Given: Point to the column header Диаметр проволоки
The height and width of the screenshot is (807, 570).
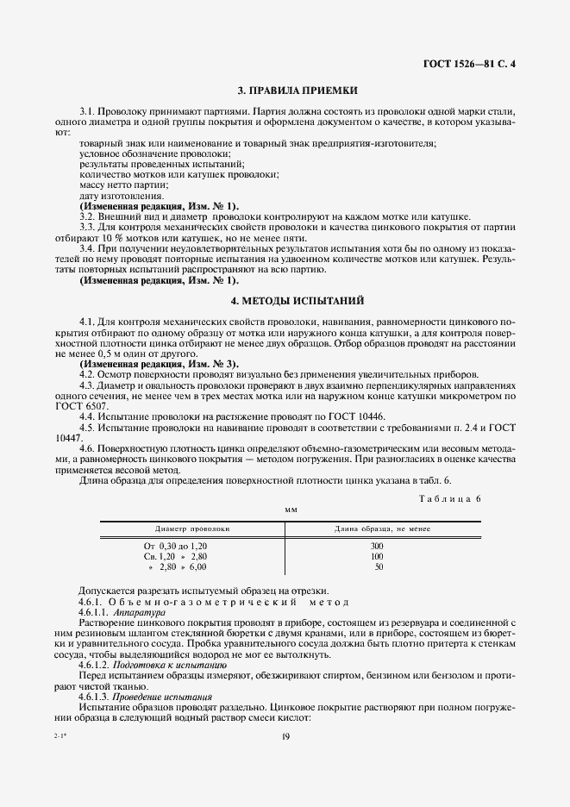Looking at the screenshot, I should click(191, 529).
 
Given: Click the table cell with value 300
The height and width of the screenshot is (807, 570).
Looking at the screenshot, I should click(378, 547).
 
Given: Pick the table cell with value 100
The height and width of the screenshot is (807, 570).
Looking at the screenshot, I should click(378, 557).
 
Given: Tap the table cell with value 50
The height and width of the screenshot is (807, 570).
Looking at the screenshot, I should click(378, 567).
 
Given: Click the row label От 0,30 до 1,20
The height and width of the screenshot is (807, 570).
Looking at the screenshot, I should click(175, 547).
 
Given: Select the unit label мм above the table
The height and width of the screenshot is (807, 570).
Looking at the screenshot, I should click(291, 510).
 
